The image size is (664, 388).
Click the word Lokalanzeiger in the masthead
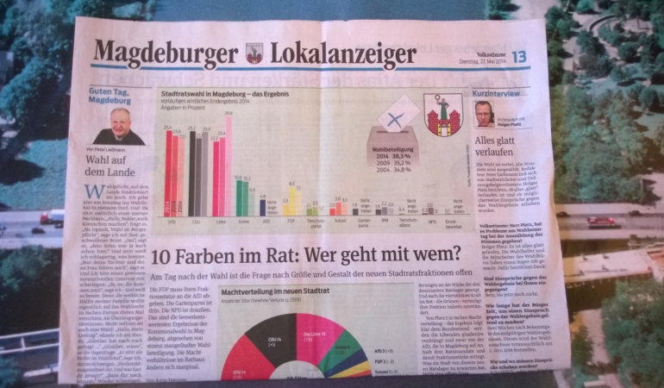coord(343,56)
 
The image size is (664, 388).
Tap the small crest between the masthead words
coord(254,53)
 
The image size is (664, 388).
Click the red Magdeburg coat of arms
coord(444,115)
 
